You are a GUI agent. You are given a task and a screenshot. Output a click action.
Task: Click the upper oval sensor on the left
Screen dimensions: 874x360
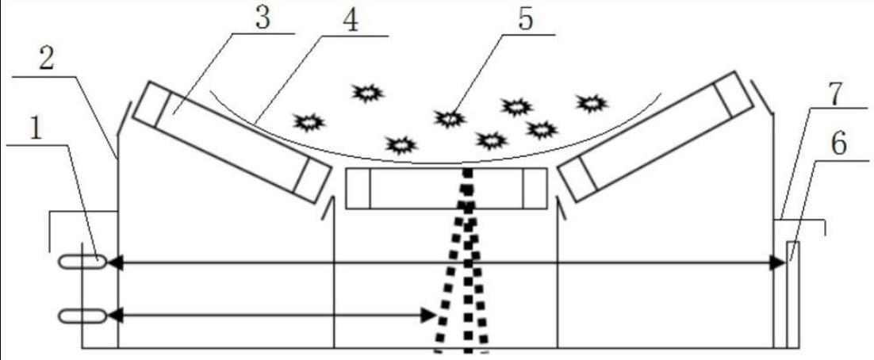tap(82, 263)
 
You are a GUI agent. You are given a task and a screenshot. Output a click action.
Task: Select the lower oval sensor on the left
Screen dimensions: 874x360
tap(82, 316)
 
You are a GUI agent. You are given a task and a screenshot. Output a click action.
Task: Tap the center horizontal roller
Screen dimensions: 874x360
tap(446, 189)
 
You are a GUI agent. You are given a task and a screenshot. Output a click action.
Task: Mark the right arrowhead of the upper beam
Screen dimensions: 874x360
tap(778, 263)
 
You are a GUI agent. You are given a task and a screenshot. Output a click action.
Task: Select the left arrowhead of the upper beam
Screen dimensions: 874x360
tap(114, 263)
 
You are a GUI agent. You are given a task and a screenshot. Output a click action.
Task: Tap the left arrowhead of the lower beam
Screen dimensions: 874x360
tap(114, 316)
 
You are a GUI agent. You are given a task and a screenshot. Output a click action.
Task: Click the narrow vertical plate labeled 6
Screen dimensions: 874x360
tap(793, 293)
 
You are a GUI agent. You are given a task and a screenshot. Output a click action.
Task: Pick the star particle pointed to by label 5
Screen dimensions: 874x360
tap(450, 118)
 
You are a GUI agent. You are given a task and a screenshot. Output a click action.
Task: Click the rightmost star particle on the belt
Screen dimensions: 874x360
tap(591, 102)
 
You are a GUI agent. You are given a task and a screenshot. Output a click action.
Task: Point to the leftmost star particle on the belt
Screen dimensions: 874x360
tap(309, 122)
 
